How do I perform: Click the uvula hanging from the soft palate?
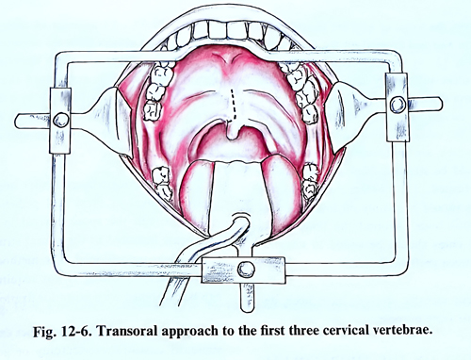233,131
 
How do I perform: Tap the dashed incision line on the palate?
234,106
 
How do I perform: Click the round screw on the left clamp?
61,120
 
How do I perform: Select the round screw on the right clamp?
398,105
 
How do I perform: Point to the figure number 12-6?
74,332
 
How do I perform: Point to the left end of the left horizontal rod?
17,121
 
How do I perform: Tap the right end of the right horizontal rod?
441,104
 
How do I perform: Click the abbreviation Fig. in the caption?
45,332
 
